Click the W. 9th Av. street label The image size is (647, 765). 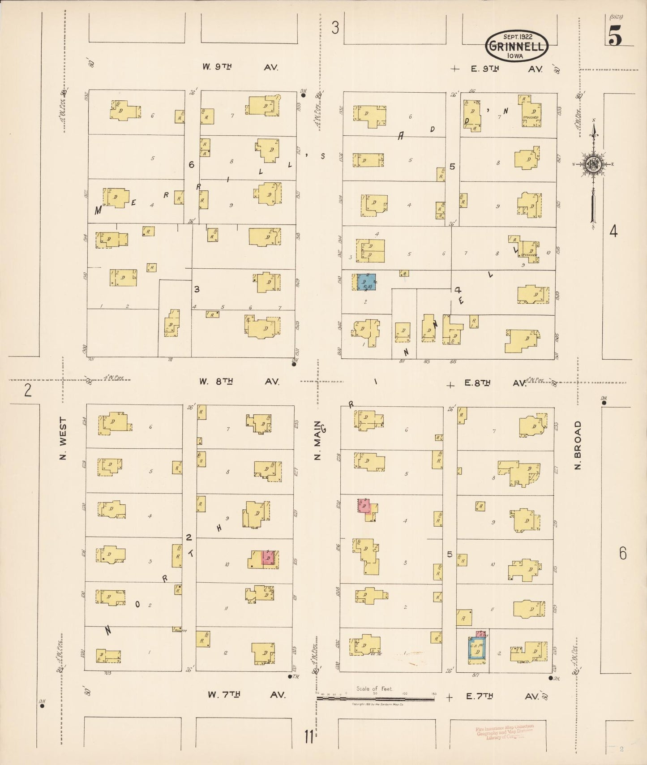[240, 67]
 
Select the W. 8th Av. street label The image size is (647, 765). [240, 382]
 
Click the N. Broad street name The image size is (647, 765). [578, 445]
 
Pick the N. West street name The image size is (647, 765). [63, 438]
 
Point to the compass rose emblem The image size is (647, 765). [593, 164]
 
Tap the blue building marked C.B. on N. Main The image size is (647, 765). [366, 282]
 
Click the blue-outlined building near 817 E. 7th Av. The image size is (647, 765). [477, 649]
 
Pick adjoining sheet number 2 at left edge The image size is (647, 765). [28, 391]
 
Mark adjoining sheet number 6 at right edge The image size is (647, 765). [623, 554]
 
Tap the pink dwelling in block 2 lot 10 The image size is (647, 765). [267, 558]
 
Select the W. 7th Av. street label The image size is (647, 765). [246, 695]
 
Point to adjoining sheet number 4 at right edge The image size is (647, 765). [613, 231]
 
